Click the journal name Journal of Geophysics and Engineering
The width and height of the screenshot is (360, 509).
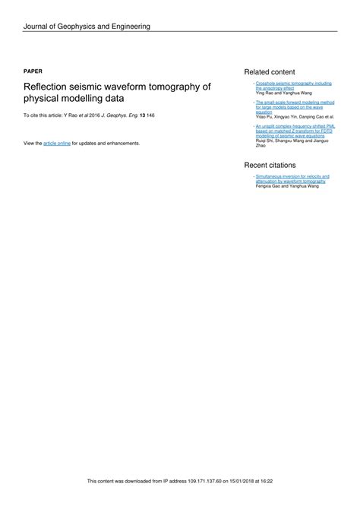click(87, 27)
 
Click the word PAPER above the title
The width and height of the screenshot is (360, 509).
click(33, 69)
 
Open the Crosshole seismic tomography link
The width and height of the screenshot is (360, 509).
click(293, 82)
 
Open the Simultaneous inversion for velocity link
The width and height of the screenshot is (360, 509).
click(292, 176)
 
